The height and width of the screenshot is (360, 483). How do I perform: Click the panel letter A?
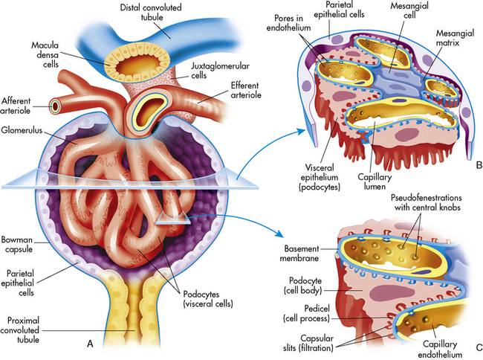pos(90,344)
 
